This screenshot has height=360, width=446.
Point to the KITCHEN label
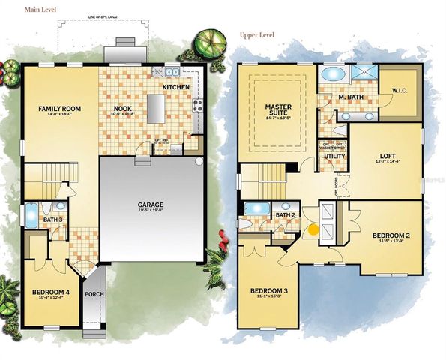177,88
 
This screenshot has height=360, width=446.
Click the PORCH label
94,295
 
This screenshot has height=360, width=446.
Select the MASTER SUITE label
277,112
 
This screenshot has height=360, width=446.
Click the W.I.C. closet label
399,91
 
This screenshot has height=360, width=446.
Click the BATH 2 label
284,215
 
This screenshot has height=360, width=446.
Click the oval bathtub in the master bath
331,74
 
